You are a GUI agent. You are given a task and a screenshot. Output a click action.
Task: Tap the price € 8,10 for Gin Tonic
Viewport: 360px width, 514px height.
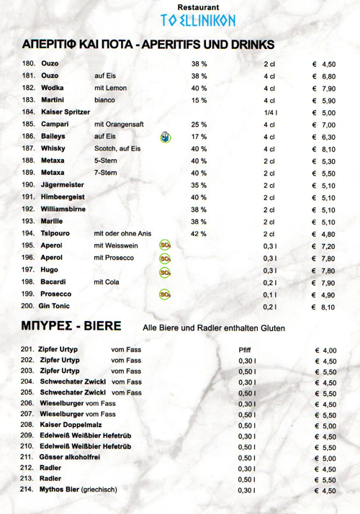[324, 307]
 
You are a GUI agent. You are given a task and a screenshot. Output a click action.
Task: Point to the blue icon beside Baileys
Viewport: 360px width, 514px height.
[165, 137]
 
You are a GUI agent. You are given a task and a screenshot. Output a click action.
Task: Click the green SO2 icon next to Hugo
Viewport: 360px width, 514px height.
[165, 271]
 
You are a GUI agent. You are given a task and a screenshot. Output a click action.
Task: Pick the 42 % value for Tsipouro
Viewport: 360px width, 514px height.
[199, 234]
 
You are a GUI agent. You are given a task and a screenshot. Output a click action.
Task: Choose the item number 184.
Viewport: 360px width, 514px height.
[29, 112]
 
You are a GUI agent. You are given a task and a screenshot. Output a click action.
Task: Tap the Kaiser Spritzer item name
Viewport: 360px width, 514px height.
[66, 112]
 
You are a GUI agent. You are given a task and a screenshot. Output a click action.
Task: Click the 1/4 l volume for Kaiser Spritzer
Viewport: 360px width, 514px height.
[270, 112]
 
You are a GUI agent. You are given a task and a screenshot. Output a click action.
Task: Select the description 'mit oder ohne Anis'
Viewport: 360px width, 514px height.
[122, 234]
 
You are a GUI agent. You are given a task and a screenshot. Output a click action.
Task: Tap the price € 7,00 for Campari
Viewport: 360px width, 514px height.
[324, 125]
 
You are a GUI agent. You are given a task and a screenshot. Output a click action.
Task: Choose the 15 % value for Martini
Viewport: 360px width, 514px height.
[199, 100]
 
